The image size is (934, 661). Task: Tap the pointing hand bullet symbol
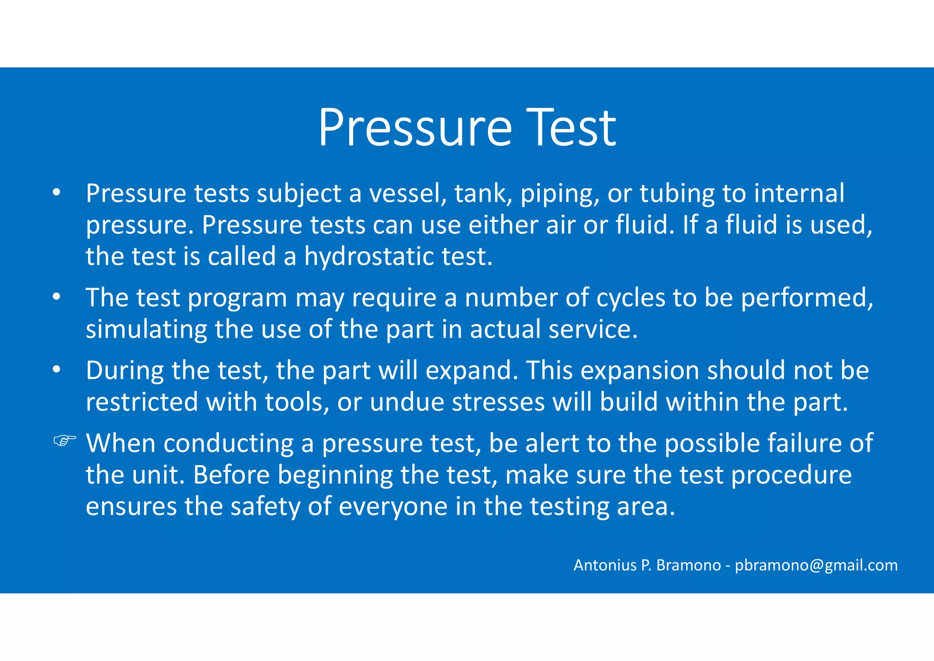(64, 441)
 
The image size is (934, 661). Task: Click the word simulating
(146, 330)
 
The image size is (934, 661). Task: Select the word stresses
(498, 402)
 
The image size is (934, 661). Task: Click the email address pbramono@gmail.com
(816, 565)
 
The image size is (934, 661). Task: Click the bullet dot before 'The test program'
(56, 297)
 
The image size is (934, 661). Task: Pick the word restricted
(142, 402)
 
